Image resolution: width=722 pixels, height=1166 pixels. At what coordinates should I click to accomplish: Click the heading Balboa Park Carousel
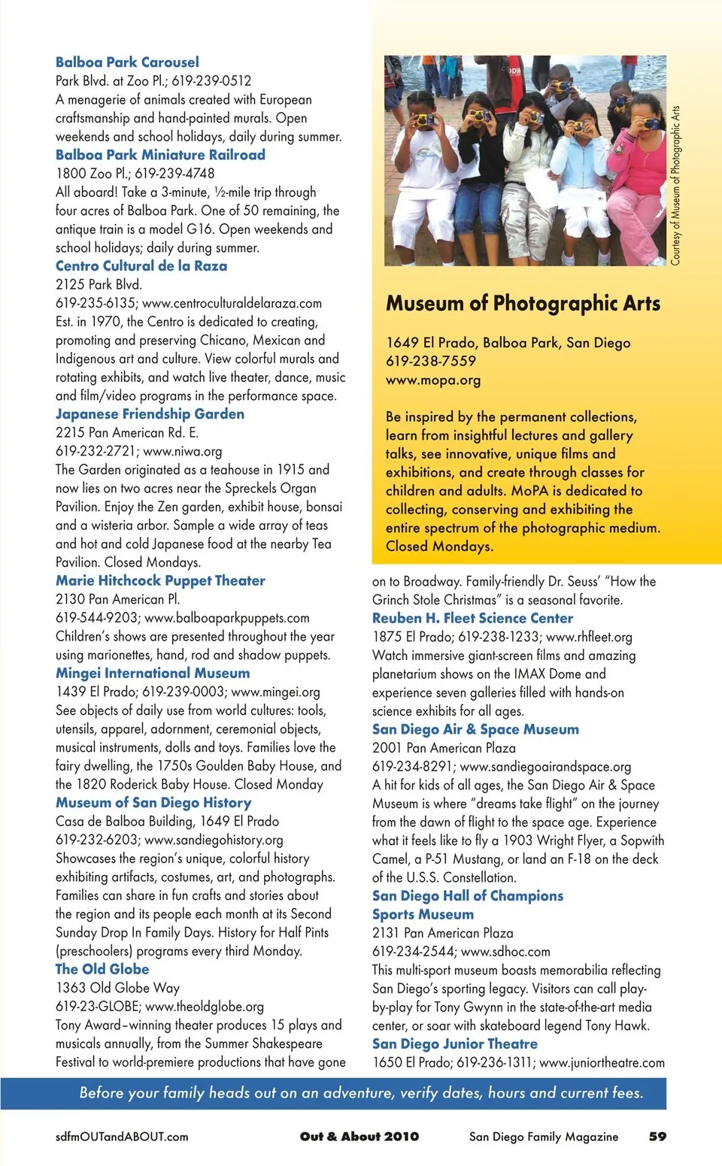pyautogui.click(x=127, y=62)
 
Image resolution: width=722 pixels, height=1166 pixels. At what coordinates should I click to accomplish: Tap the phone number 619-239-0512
pyautogui.click(x=211, y=81)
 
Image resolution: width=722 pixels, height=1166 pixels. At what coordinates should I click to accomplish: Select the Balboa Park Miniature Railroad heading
pyautogui.click(x=160, y=155)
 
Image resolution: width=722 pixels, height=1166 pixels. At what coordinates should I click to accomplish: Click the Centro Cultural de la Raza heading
pyautogui.click(x=141, y=266)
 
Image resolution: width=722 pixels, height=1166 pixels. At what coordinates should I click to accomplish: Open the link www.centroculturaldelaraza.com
pyautogui.click(x=232, y=303)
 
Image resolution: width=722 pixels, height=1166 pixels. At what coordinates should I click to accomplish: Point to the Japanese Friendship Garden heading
pyautogui.click(x=150, y=414)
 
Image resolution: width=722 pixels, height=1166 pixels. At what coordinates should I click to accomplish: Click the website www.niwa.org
pyautogui.click(x=183, y=451)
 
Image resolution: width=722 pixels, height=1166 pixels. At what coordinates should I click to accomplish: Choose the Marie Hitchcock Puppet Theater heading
pyautogui.click(x=160, y=580)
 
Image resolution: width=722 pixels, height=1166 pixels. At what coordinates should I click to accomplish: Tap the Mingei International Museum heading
pyautogui.click(x=153, y=674)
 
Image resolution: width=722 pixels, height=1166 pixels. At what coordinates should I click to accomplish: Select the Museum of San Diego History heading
pyautogui.click(x=153, y=803)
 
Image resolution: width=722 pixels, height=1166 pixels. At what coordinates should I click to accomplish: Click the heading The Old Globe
pyautogui.click(x=102, y=970)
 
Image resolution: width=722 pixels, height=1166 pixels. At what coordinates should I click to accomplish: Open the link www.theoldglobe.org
pyautogui.click(x=205, y=1007)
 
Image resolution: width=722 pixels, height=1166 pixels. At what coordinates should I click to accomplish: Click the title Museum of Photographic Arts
pyautogui.click(x=523, y=304)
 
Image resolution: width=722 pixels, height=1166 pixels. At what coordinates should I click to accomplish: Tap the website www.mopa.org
pyautogui.click(x=433, y=380)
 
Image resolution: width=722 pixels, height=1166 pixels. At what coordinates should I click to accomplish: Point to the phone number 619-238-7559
pyautogui.click(x=431, y=361)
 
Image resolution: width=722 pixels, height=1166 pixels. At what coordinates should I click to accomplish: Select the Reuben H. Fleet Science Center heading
pyautogui.click(x=472, y=618)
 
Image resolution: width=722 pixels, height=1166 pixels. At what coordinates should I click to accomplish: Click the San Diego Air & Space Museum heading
pyautogui.click(x=475, y=729)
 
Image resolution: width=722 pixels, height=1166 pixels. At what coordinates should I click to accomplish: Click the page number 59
pyautogui.click(x=657, y=1137)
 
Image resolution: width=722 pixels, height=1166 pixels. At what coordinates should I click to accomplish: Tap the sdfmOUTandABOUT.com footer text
pyautogui.click(x=122, y=1137)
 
